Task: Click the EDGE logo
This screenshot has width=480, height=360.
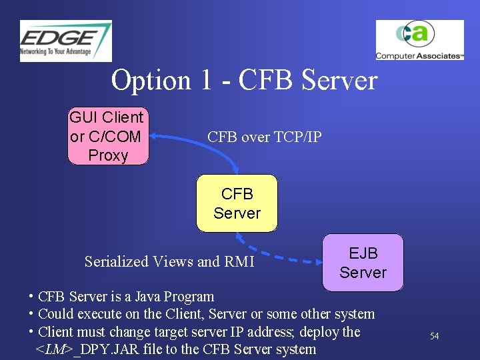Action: point(65,41)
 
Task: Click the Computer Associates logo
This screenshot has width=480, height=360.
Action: point(419,40)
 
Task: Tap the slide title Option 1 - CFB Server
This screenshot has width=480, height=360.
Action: point(244,81)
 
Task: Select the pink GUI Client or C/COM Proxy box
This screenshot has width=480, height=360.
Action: point(107,136)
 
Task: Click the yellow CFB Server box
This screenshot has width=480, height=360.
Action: point(237,203)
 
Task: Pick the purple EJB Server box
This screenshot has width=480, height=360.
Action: point(363,263)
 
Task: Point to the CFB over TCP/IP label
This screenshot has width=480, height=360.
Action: point(264,137)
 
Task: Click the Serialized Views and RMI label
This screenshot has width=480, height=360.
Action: point(169,261)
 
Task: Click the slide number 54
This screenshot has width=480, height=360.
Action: point(434,336)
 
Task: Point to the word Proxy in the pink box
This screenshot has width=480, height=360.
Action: point(108,155)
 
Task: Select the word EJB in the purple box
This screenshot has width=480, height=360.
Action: point(363,253)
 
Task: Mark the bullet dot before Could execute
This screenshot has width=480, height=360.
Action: point(31,314)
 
